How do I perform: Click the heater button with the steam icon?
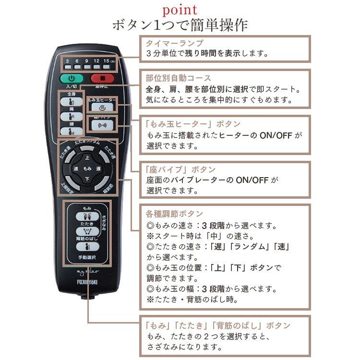pos(101,107)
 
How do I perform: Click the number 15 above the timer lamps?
pos(107,61)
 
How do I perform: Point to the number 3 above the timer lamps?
pos(67,61)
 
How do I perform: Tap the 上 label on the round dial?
pos(87,157)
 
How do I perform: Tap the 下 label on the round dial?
pos(87,180)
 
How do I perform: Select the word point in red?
pos(180,9)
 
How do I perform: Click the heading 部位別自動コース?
pos(178,78)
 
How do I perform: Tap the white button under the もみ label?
pos(87,216)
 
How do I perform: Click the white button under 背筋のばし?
pos(87,247)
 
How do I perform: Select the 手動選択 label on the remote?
pos(87,258)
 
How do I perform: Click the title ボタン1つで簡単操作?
pos(180,24)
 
